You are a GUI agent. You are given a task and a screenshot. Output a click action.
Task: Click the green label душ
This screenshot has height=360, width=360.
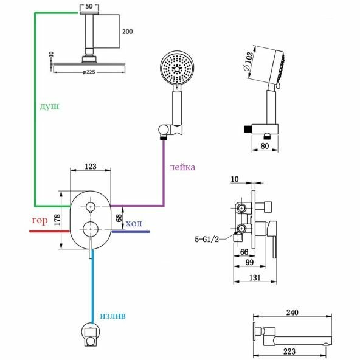tap(49, 106)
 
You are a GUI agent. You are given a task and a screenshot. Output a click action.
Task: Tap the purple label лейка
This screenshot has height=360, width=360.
tap(182, 167)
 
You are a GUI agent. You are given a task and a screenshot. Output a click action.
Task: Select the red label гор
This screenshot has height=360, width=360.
tap(40, 220)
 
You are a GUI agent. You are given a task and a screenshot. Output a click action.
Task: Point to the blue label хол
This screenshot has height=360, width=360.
tap(134, 223)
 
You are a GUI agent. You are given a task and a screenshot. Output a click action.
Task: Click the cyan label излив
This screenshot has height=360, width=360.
tap(112, 316)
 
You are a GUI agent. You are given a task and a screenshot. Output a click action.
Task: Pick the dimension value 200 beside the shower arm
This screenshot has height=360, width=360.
tap(128, 32)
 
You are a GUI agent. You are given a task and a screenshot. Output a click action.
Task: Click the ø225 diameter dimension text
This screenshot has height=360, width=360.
tap(89, 72)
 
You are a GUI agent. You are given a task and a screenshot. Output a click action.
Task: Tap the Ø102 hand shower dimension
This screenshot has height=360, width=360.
tap(249, 61)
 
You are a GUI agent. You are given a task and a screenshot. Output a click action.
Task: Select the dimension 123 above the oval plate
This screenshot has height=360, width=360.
tap(91, 167)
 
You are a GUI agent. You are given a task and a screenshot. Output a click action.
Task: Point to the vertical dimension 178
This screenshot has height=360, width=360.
tap(57, 220)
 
